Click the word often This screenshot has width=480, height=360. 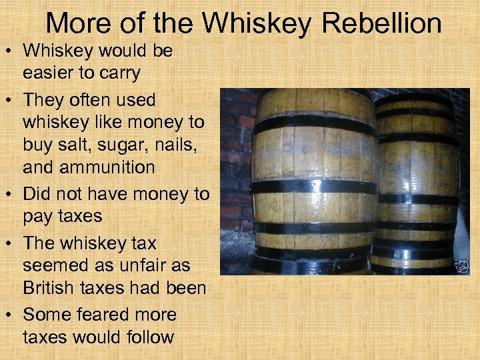point(90,100)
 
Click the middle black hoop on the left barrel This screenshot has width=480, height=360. point(313,187)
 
